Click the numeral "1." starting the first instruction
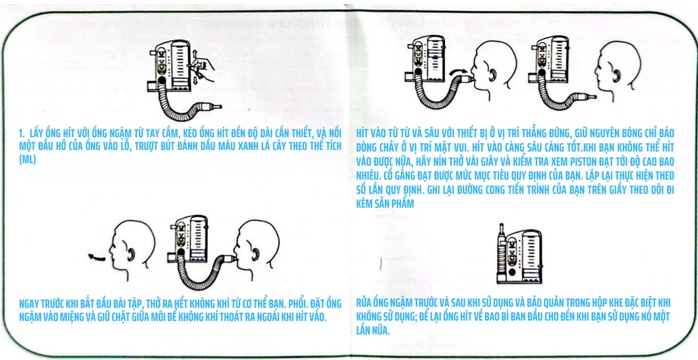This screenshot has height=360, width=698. [22, 134]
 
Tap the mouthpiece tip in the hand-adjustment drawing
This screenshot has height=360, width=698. [217, 107]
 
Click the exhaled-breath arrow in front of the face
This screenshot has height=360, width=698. [99, 256]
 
